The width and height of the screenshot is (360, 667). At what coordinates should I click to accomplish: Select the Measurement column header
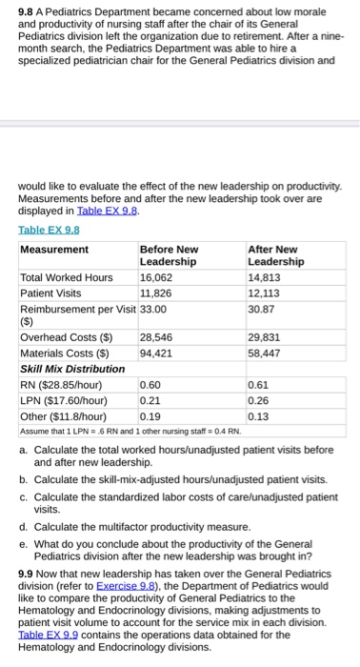[x=54, y=250]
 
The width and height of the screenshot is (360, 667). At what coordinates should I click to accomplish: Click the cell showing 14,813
[x=264, y=278]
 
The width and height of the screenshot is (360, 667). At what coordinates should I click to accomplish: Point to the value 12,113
[x=264, y=293]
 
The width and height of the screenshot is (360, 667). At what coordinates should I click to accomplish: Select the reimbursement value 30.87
[x=260, y=309]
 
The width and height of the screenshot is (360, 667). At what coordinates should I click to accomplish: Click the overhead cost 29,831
[x=264, y=337]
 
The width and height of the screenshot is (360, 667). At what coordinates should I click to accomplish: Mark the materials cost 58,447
[x=264, y=353]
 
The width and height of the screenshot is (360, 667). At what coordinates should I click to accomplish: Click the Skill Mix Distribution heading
[x=72, y=369]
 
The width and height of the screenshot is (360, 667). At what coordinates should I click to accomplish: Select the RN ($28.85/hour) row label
[x=61, y=384]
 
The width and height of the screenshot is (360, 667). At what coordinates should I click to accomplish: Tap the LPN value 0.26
[x=258, y=399]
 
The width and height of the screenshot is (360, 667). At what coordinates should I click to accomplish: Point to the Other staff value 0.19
[x=150, y=414]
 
